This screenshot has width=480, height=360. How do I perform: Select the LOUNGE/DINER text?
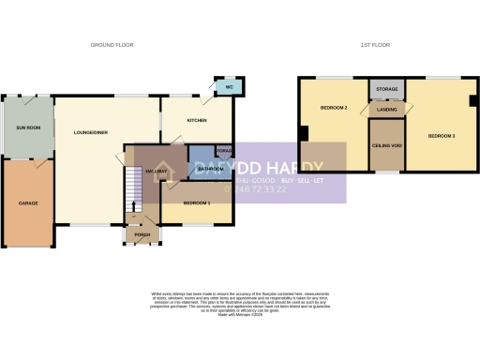point(90,133)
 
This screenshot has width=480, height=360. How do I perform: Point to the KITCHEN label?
point(196,121)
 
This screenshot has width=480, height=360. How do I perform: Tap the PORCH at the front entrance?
point(142,234)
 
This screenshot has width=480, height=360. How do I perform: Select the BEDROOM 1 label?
point(197,203)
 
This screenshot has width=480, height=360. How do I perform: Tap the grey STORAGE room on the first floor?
point(386,89)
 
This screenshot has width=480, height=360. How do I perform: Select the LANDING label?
point(386,109)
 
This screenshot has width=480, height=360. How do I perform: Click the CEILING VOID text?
point(386,144)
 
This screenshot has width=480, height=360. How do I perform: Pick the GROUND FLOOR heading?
point(112,45)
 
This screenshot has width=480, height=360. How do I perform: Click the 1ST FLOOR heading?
point(375,45)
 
